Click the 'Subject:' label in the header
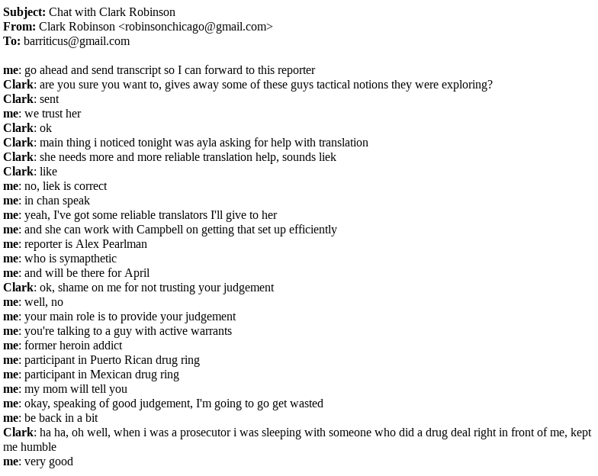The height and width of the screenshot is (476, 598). click(x=24, y=12)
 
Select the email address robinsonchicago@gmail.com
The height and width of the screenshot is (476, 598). click(x=195, y=27)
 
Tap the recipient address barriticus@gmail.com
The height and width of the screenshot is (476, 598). click(x=76, y=41)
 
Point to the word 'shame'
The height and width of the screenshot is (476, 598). click(x=73, y=288)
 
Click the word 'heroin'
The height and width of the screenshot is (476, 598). click(x=80, y=346)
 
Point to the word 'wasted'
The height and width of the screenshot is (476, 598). click(x=304, y=404)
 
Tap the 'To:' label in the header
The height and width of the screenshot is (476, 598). click(x=11, y=41)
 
